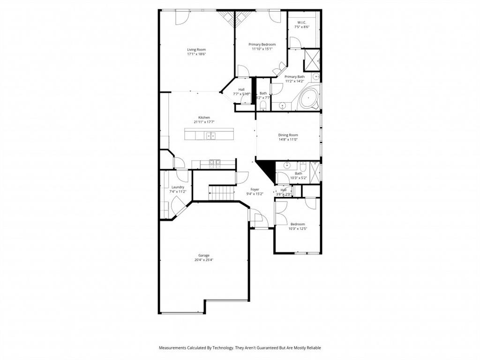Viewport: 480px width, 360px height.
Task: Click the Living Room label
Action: coord(196,50)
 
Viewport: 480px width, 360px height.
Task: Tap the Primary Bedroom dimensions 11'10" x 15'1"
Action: coord(262,49)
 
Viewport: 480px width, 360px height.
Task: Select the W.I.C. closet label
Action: coord(301,22)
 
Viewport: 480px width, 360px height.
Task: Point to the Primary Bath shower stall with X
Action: coord(312,59)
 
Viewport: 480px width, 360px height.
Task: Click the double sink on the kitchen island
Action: coord(211,136)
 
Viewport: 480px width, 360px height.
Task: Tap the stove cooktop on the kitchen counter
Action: coord(215,164)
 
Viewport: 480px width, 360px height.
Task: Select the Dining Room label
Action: coord(288,135)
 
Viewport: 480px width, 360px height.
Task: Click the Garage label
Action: coord(203,255)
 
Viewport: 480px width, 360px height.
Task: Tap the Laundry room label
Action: coord(178,187)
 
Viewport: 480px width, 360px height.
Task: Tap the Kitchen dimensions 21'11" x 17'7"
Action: coord(204,122)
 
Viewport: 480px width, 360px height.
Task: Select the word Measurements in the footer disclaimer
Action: coord(172,348)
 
